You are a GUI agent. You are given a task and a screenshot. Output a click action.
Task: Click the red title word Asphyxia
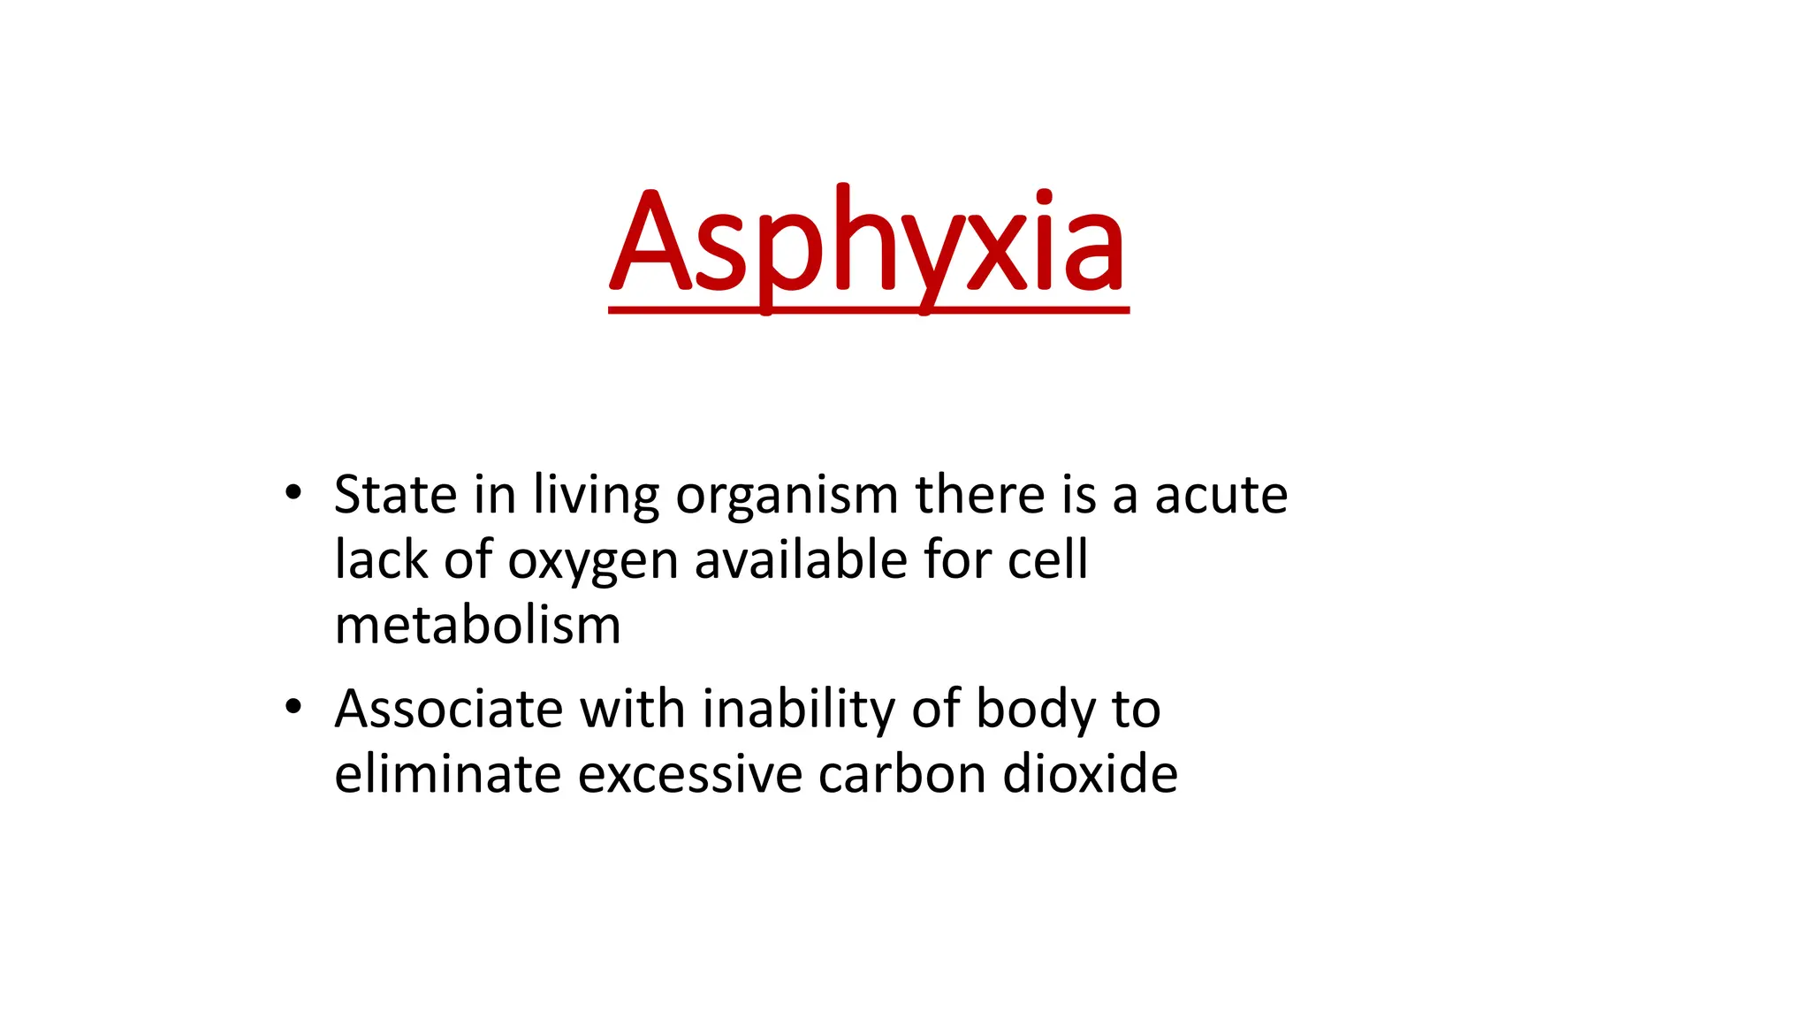[x=868, y=243]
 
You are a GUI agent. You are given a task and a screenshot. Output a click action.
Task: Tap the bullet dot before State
[x=293, y=492]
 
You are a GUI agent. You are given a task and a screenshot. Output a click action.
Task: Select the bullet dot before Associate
[x=293, y=707]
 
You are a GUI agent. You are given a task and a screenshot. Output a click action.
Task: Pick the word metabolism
[x=477, y=626]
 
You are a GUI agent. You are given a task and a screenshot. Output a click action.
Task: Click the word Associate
[x=449, y=709]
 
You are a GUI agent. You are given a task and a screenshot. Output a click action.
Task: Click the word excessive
[x=690, y=774]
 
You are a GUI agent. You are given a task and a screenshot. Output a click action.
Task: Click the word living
[x=596, y=497]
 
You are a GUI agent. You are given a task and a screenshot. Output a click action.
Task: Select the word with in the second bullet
[x=632, y=709]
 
